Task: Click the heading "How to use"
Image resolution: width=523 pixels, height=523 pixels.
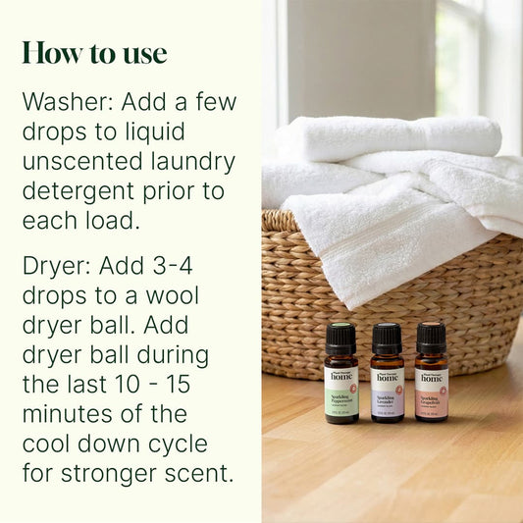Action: (94, 53)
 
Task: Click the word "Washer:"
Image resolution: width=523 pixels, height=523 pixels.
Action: (66, 102)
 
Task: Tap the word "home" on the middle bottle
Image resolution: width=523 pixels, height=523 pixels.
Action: (387, 376)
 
